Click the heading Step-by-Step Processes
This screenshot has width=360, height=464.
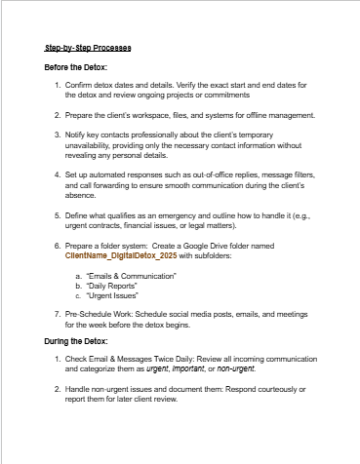point(89,48)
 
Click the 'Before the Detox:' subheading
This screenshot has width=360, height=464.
point(76,67)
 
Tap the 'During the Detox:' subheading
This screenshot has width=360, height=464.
point(75,369)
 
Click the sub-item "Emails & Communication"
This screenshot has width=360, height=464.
point(132,278)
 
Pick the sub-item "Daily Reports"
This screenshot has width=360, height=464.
point(113,289)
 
